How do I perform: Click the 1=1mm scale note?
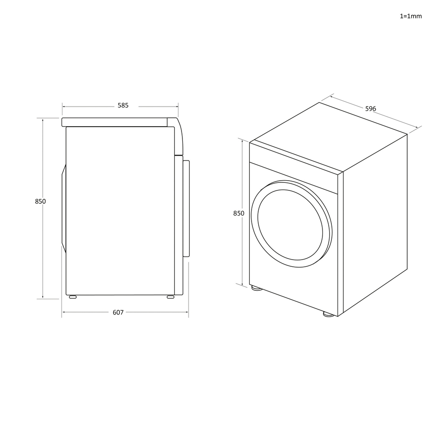pyautogui.click(x=410, y=16)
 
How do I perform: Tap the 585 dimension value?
pyautogui.click(x=123, y=106)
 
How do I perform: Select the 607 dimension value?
pyautogui.click(x=118, y=312)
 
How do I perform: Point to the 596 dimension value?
pyautogui.click(x=371, y=109)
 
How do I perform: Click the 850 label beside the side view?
pyautogui.click(x=40, y=201)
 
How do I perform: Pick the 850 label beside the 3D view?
pyautogui.click(x=239, y=213)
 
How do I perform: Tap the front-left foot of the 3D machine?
pyautogui.click(x=256, y=288)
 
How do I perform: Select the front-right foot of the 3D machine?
pyautogui.click(x=329, y=314)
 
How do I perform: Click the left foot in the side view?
pyautogui.click(x=72, y=297)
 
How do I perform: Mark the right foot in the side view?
pyautogui.click(x=170, y=297)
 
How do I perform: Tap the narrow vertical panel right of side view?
pyautogui.click(x=186, y=209)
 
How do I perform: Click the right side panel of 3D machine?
pyautogui.click(x=375, y=223)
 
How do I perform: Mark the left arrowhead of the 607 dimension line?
pyautogui.click(x=63, y=312)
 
